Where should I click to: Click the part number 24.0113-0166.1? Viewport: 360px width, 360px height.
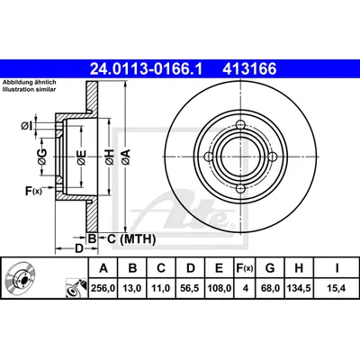click(x=147, y=69)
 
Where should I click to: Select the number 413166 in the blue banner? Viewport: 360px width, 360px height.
click(x=249, y=69)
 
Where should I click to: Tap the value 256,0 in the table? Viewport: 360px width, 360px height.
click(x=103, y=288)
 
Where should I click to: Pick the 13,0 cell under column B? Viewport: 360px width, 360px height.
click(x=132, y=288)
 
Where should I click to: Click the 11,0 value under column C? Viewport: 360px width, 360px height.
click(x=160, y=288)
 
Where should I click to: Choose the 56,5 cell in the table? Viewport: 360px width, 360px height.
click(x=190, y=288)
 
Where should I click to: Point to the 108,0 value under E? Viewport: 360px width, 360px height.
click(x=219, y=288)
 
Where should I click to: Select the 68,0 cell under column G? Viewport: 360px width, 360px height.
click(x=270, y=288)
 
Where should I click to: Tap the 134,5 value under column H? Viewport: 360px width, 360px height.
click(x=299, y=288)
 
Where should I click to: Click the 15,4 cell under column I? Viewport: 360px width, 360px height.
click(x=337, y=288)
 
